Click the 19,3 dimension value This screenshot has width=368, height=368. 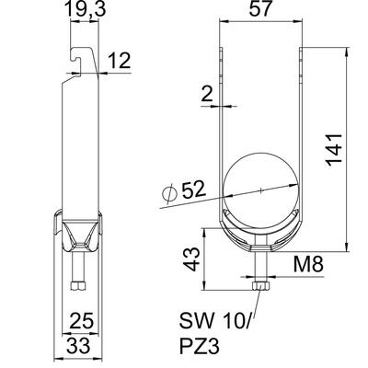(x=86, y=9)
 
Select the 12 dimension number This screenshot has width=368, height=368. (x=119, y=61)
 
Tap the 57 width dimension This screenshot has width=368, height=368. (x=260, y=8)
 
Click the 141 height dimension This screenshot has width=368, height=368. (x=334, y=149)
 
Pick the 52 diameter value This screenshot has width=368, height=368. (x=193, y=190)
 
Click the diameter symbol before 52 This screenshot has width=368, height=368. (x=169, y=193)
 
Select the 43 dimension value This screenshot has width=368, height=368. (x=192, y=259)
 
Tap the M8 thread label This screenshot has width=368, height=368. (x=308, y=265)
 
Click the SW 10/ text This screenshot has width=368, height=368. (x=215, y=322)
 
